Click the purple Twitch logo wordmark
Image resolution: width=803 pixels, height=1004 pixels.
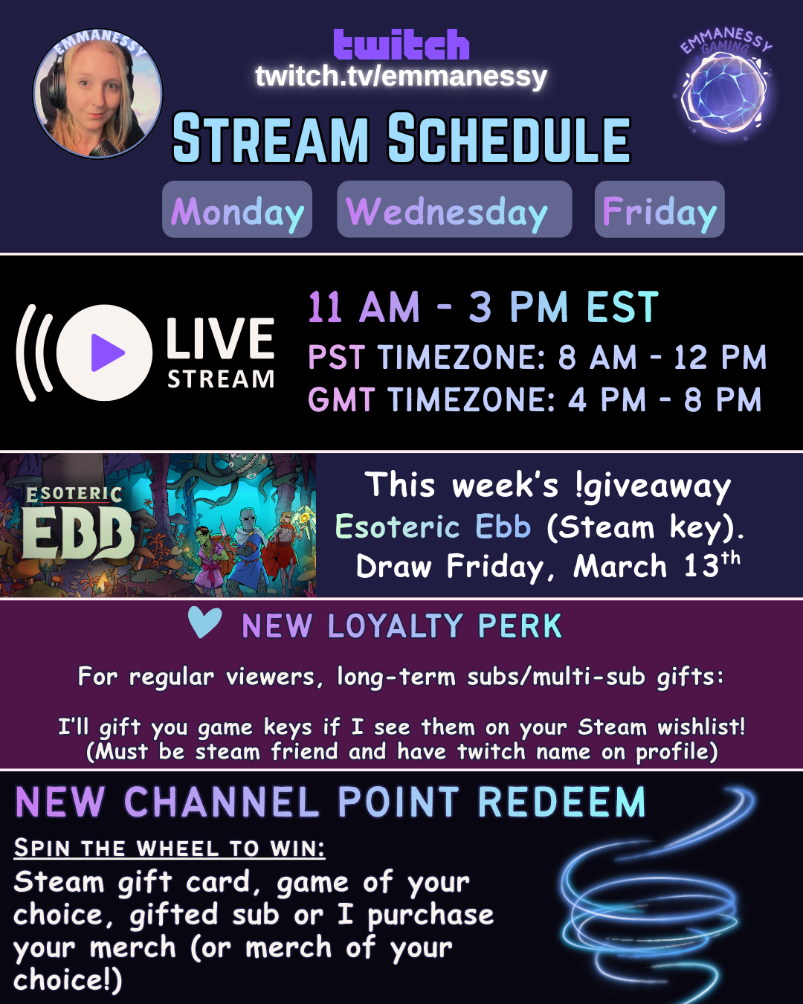tap(401, 45)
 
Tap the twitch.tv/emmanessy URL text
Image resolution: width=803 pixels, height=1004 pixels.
tap(401, 76)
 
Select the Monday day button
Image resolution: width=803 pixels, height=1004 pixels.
tap(237, 210)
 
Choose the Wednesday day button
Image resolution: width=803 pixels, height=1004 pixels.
tap(454, 210)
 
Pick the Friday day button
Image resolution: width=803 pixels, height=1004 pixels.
tap(660, 210)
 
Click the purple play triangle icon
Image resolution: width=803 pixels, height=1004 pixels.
tap(107, 353)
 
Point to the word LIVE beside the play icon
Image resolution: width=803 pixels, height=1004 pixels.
tap(220, 338)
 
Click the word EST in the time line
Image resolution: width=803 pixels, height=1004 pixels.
tap(622, 307)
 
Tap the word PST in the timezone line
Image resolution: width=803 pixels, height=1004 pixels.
tap(336, 358)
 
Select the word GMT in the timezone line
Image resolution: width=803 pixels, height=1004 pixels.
tap(341, 399)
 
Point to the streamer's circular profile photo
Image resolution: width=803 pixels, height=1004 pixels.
tap(97, 93)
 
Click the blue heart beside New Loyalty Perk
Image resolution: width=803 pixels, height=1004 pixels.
tap(204, 622)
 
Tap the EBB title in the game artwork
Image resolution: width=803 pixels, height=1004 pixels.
tap(78, 532)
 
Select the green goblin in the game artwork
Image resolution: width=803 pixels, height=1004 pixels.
tap(207, 560)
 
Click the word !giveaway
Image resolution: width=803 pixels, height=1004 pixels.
tap(653, 486)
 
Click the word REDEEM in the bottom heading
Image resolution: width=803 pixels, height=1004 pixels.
tap(562, 802)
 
